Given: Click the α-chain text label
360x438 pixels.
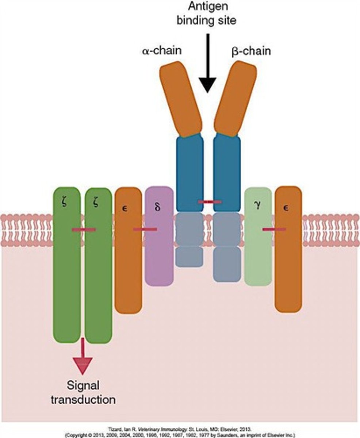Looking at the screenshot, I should [161, 50].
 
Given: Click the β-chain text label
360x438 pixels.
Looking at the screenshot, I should [251, 51].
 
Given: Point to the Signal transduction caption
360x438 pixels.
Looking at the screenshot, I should [83, 392].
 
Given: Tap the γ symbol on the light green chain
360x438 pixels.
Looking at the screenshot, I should [258, 205].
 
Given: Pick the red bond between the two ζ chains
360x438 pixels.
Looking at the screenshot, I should [84, 230].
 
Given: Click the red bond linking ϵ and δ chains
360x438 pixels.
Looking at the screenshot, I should [145, 229].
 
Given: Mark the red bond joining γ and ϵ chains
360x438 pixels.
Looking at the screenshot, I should [274, 229].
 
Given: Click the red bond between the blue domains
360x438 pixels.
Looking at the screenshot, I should [209, 201].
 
